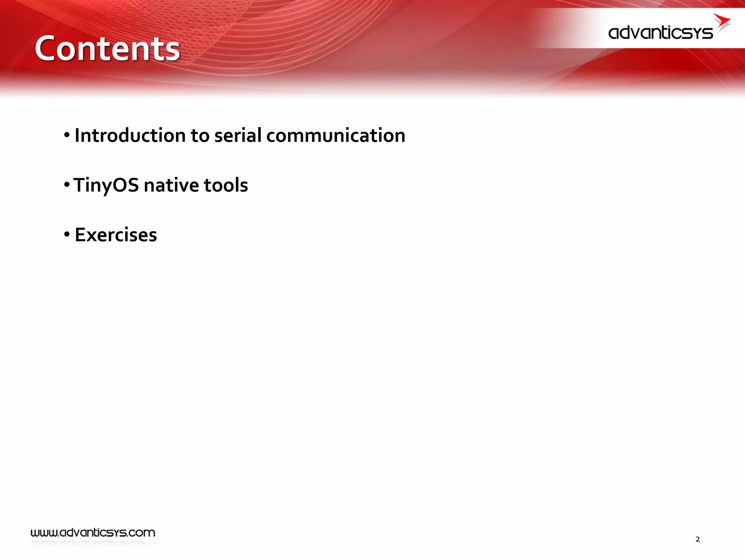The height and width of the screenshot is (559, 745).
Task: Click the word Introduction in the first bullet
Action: [x=130, y=135]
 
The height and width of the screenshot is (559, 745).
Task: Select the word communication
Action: [x=335, y=135]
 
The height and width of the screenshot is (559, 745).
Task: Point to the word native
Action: [x=171, y=185]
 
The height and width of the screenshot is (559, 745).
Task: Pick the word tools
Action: [x=226, y=185]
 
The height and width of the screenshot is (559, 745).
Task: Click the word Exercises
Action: [x=116, y=235]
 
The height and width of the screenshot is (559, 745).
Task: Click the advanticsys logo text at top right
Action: [x=660, y=33]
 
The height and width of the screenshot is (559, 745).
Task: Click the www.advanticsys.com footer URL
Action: [x=93, y=533]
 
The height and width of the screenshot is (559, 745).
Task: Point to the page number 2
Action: [x=697, y=539]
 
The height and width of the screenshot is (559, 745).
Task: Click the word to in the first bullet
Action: [x=200, y=135]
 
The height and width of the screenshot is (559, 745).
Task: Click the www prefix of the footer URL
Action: [x=44, y=533]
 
